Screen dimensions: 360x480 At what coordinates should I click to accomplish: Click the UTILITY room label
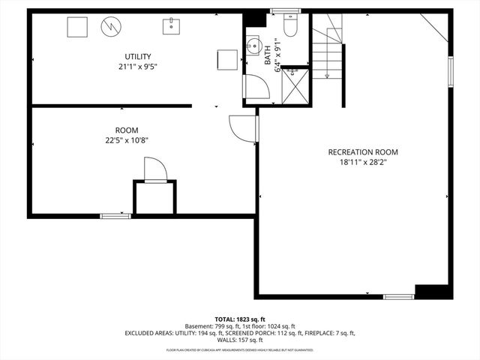click(138, 56)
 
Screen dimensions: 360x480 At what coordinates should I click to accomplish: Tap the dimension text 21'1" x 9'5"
click(138, 66)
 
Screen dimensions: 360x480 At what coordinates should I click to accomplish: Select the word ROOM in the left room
click(127, 130)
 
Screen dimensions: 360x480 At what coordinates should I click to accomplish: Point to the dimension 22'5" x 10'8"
click(127, 139)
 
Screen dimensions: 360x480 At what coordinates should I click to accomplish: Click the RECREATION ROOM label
click(363, 151)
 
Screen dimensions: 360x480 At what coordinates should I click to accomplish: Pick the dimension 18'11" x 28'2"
click(363, 161)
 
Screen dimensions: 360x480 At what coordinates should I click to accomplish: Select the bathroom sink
click(253, 42)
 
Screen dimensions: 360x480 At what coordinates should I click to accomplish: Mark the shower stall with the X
click(295, 87)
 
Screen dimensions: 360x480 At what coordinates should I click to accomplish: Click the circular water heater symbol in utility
click(109, 26)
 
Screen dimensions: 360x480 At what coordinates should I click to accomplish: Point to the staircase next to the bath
click(327, 52)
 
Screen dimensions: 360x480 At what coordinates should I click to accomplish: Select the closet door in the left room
click(154, 169)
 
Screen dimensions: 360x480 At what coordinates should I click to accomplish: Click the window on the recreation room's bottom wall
click(397, 297)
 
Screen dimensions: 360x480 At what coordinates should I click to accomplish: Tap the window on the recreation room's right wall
click(450, 71)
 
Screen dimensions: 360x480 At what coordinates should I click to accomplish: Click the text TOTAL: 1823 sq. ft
click(240, 319)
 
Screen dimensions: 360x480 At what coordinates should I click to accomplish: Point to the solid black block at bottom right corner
click(433, 292)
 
